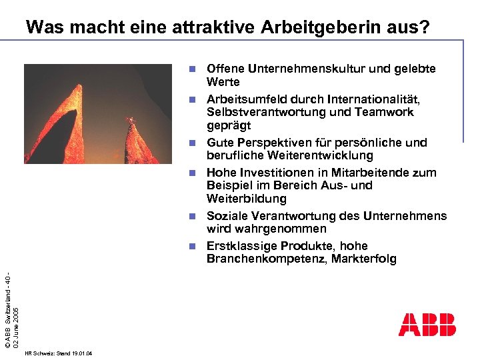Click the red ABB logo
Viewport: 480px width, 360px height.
tap(427, 324)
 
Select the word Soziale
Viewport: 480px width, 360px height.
tap(227, 216)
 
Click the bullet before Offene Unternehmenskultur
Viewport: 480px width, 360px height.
tap(191, 69)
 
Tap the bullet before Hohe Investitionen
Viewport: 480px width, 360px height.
tap(191, 172)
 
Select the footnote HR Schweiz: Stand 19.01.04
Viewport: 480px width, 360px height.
tap(57, 353)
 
